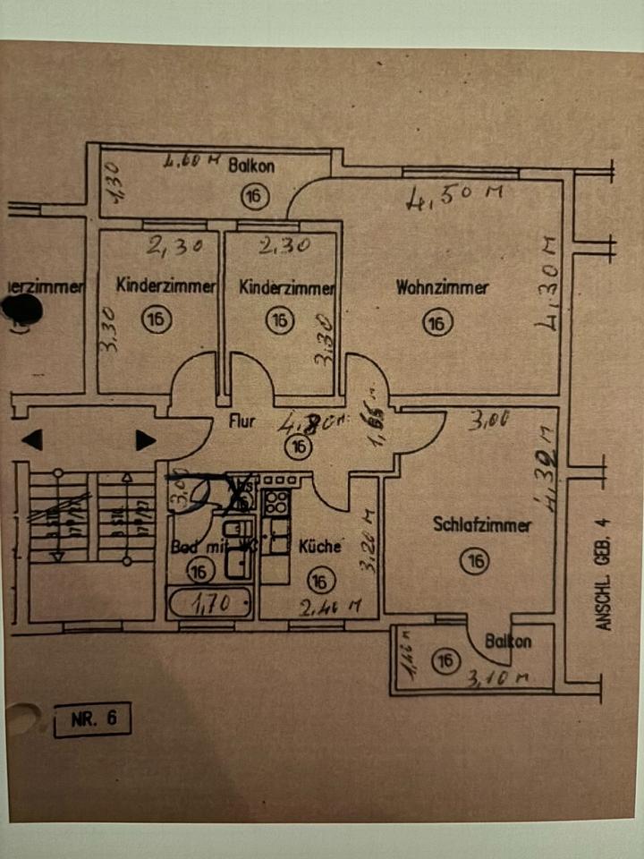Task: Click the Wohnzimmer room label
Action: [x=442, y=288]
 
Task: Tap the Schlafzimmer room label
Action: [x=481, y=525]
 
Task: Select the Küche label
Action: [x=319, y=547]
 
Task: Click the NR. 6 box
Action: [x=91, y=719]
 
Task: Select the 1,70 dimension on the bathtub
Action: [x=211, y=605]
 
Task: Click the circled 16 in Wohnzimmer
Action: [x=436, y=323]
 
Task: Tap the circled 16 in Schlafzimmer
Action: [x=475, y=561]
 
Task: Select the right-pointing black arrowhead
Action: [x=145, y=440]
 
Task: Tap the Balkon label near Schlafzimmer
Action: [x=508, y=641]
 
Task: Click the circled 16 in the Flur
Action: [x=298, y=447]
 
